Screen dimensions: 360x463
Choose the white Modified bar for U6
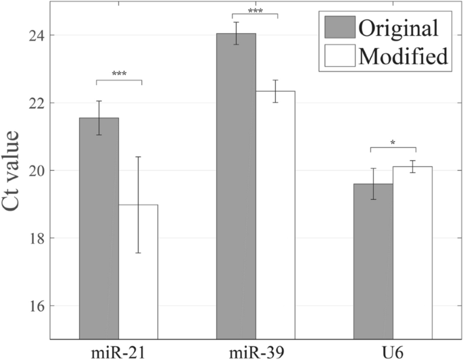(412, 253)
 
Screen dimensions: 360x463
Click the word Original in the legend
(399, 28)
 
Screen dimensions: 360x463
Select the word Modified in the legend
(404, 56)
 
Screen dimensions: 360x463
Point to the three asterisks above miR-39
(255, 9)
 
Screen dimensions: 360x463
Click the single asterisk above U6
(393, 143)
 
